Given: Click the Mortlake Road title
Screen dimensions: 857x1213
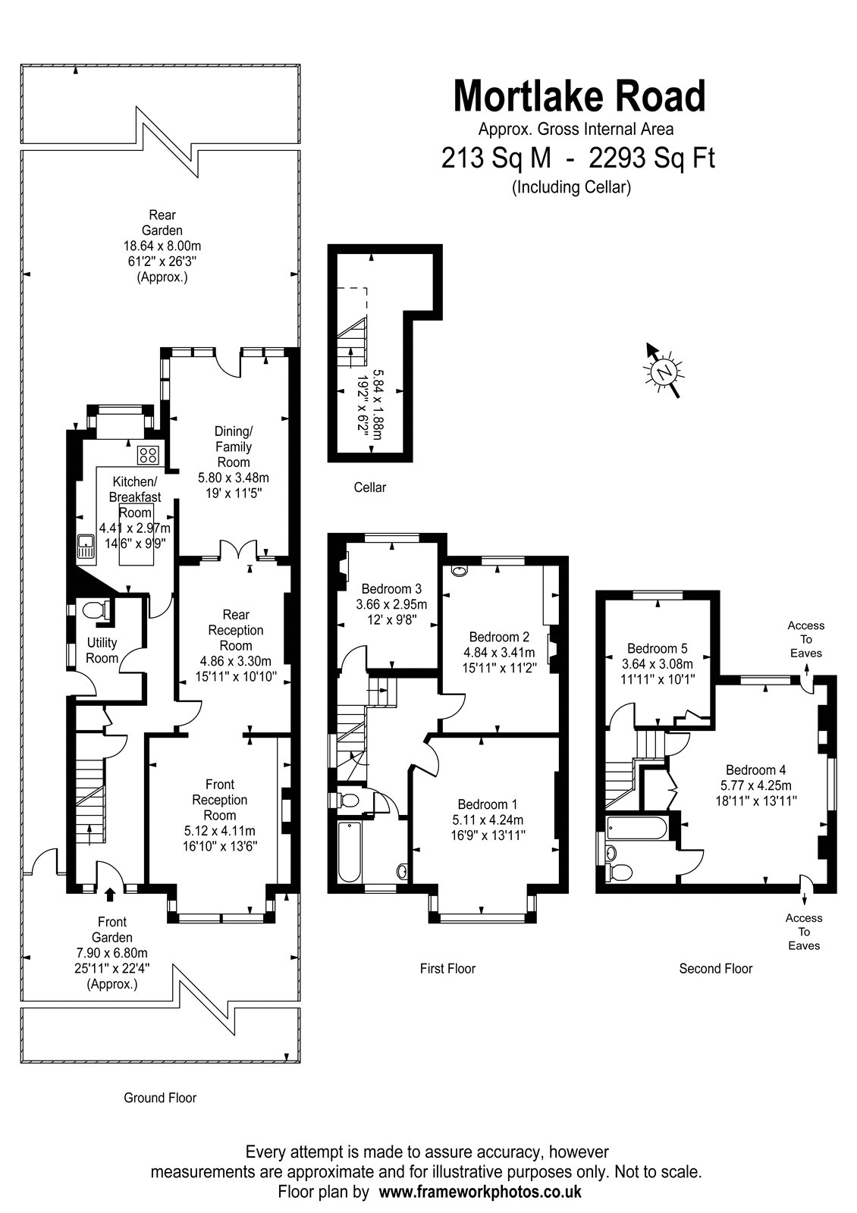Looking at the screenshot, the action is pyautogui.click(x=579, y=96).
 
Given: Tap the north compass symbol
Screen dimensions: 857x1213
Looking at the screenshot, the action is pyautogui.click(x=664, y=371).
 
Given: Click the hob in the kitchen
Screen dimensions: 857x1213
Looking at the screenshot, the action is pyautogui.click(x=148, y=454).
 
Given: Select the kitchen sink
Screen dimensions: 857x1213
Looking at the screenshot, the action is pyautogui.click(x=86, y=546).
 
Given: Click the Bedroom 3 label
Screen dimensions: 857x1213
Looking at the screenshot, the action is pyautogui.click(x=391, y=588).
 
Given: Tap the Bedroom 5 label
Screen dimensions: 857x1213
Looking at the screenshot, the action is pyautogui.click(x=657, y=648).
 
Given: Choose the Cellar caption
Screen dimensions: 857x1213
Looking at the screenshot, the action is pyautogui.click(x=370, y=487).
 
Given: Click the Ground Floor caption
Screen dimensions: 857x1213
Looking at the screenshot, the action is pyautogui.click(x=160, y=1098).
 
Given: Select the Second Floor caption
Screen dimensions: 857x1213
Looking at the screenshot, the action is pyautogui.click(x=716, y=968).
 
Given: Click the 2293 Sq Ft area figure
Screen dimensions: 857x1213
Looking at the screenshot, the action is pyautogui.click(x=651, y=158).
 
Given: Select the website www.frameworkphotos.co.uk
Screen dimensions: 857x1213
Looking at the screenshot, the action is pyautogui.click(x=480, y=1191).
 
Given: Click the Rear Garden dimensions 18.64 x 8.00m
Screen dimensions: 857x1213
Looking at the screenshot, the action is pyautogui.click(x=162, y=246).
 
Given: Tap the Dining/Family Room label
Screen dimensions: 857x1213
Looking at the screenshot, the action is pyautogui.click(x=234, y=447).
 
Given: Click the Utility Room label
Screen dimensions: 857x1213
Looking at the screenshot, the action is pyautogui.click(x=102, y=650).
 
